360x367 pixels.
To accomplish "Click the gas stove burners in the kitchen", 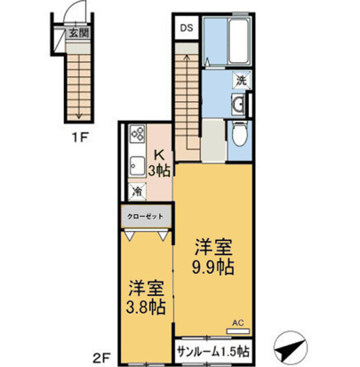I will click(x=140, y=136).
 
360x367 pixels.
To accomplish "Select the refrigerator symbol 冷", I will click(x=138, y=189).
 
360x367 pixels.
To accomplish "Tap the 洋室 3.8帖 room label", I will click(x=141, y=298).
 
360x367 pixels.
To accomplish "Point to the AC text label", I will click(x=237, y=323).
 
